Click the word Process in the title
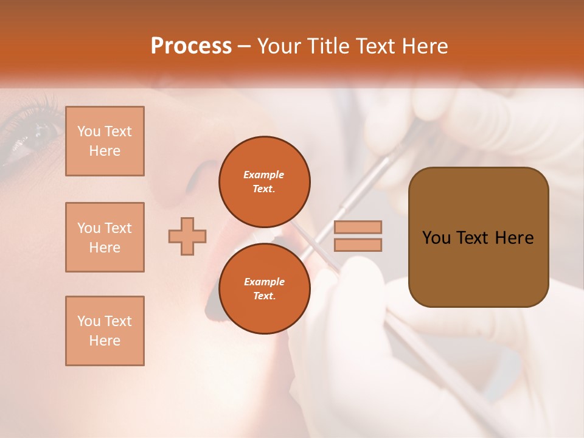click(x=190, y=46)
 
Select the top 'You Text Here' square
click(x=105, y=141)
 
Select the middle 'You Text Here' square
click(x=105, y=237)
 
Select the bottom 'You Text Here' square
click(x=105, y=331)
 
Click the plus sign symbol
click(x=187, y=236)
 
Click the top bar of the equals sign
click(x=358, y=227)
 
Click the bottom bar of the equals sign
click(x=358, y=245)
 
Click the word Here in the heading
click(x=425, y=46)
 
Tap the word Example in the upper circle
click(x=264, y=175)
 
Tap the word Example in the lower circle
click(x=264, y=282)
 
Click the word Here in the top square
click(x=105, y=151)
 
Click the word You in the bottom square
click(x=88, y=321)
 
